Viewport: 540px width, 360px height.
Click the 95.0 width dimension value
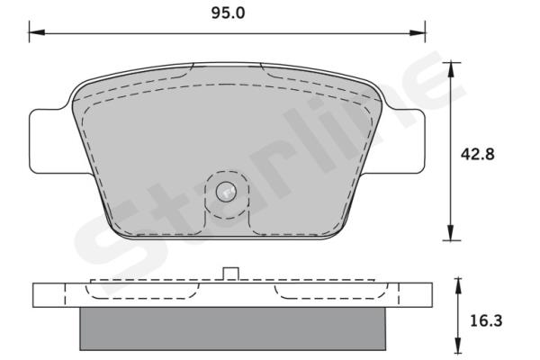click(x=227, y=13)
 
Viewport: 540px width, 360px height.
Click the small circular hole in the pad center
click(x=227, y=191)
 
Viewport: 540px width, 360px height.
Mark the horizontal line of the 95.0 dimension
click(x=135, y=34)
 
